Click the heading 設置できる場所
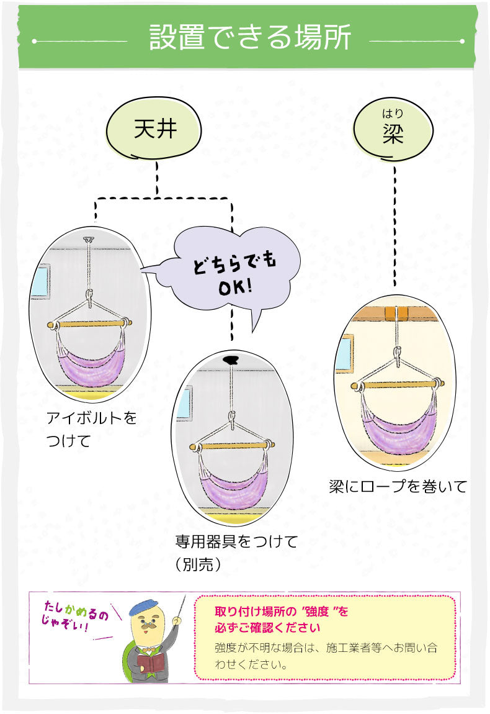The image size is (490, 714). (x=250, y=38)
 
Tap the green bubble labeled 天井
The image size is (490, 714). (x=155, y=130)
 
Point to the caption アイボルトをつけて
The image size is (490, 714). (x=92, y=429)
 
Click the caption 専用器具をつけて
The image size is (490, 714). (x=236, y=541)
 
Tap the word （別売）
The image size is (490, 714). (x=198, y=565)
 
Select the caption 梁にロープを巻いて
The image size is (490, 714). (x=397, y=487)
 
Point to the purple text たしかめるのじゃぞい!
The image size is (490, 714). (x=74, y=615)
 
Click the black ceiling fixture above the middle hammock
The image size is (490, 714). (x=231, y=359)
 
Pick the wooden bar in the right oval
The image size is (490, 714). (x=396, y=385)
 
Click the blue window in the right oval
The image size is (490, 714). (x=345, y=355)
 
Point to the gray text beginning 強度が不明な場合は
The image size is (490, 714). (x=326, y=656)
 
